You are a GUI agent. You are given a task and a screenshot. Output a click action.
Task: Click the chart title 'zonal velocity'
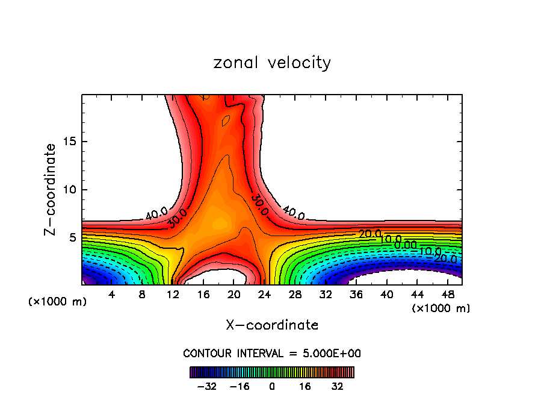pos(272,63)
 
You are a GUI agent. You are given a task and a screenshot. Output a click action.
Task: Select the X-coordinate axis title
pos(272,325)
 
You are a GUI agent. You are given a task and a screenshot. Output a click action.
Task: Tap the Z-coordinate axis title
pos(51,190)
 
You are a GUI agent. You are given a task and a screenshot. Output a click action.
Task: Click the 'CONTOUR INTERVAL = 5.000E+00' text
pos(272,353)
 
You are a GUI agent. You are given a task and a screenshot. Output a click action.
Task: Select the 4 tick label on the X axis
pos(111,295)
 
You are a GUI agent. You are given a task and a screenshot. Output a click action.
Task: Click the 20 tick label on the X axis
pos(233,295)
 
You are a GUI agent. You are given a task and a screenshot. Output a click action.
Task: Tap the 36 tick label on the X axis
pos(356,295)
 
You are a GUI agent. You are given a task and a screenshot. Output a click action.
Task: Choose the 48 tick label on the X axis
pos(447,295)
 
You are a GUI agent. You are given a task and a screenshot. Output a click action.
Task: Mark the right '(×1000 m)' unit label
pos(440,308)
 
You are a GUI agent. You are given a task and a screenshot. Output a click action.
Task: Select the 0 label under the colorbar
pos(272,386)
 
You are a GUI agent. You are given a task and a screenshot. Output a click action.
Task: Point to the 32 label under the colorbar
pos(338,386)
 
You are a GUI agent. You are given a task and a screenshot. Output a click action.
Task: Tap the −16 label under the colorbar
pos(239,386)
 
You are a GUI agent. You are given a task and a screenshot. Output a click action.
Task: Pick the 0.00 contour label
pos(405,245)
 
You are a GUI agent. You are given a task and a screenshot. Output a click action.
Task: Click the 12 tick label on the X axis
pos(173,295)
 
